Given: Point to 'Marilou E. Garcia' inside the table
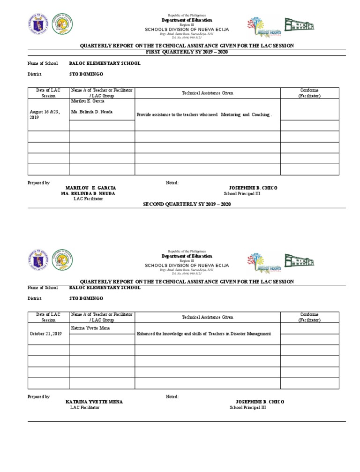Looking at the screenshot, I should (x=88, y=101).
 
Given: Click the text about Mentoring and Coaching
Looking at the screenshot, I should (x=204, y=114).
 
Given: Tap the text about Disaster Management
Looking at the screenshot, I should (x=204, y=334).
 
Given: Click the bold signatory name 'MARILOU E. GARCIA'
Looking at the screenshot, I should (x=90, y=188).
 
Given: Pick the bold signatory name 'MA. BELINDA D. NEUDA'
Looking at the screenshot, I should (x=88, y=193).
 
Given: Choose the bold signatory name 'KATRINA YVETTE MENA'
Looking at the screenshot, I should (x=94, y=402).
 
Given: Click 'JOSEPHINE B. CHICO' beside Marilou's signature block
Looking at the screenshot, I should (x=253, y=188).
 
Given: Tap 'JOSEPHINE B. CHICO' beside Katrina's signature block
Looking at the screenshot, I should (x=260, y=402).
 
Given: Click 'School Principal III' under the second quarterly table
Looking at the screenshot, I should (x=247, y=408).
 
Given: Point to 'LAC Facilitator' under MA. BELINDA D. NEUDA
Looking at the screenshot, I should (x=88, y=199).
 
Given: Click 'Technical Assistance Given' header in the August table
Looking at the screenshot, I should (x=207, y=93).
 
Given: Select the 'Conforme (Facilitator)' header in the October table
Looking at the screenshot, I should (x=309, y=317).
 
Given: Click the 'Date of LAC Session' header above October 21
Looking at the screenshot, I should (x=48, y=317).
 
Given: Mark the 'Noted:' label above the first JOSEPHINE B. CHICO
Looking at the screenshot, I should (x=172, y=183).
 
